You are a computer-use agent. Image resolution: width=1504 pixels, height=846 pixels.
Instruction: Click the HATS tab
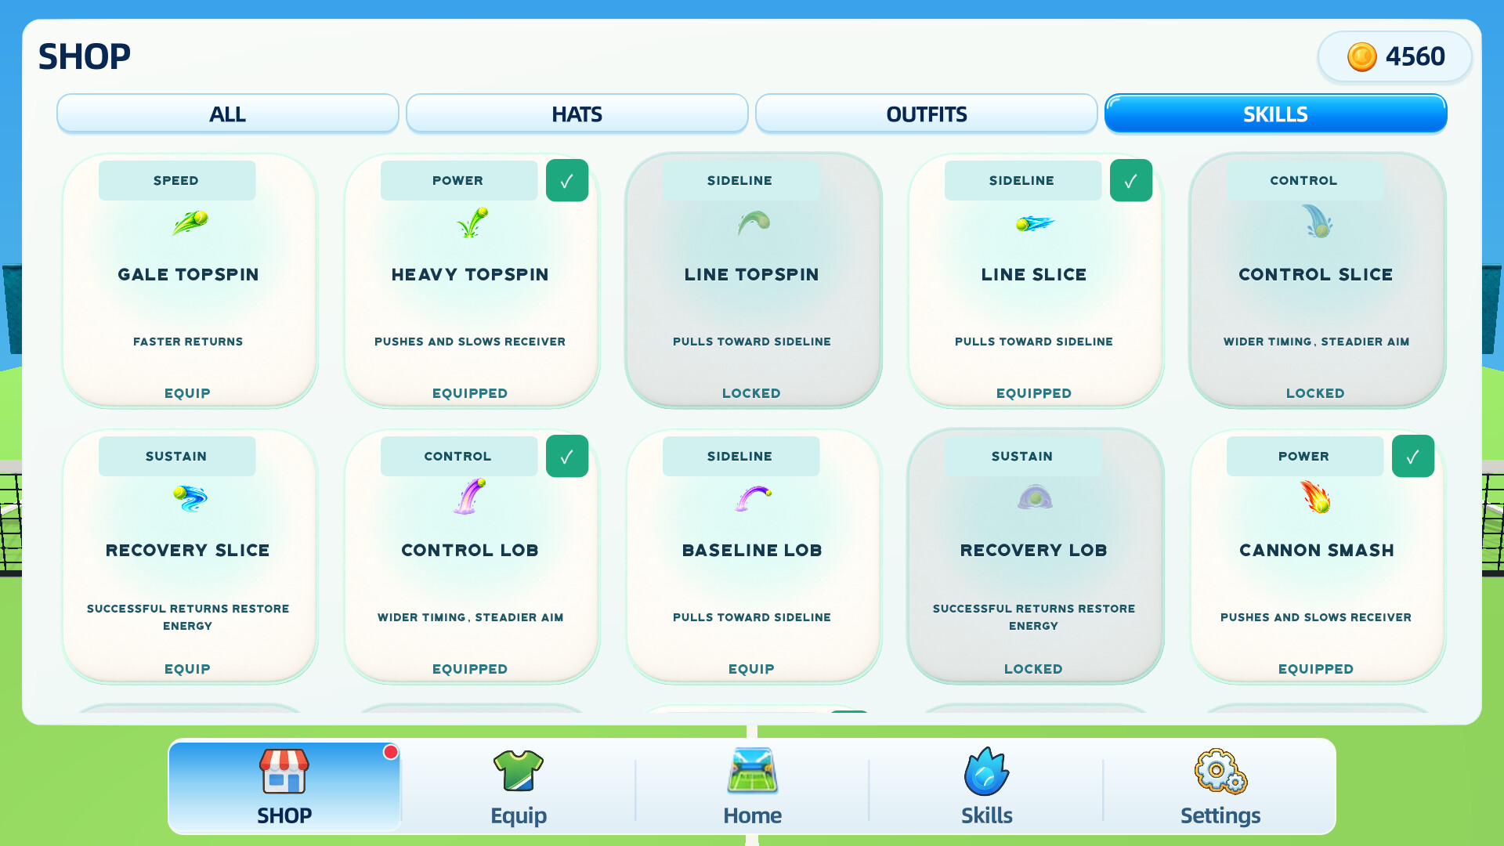click(x=577, y=114)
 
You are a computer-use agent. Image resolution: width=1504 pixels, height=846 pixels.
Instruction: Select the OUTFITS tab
click(x=926, y=114)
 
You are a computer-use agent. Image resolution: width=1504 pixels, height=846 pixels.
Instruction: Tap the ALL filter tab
click(x=227, y=114)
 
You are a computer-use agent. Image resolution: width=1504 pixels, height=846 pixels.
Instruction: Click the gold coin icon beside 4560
click(x=1361, y=56)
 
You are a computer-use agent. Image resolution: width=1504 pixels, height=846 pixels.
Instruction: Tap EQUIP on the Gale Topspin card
click(x=187, y=393)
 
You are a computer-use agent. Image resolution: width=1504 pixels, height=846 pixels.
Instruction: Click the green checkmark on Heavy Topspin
click(x=567, y=180)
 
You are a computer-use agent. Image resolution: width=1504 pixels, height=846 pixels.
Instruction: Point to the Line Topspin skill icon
click(x=754, y=223)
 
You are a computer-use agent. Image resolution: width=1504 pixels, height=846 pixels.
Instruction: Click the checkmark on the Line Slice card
click(x=1131, y=180)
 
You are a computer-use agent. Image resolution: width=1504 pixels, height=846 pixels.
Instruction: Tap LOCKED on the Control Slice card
click(x=1315, y=393)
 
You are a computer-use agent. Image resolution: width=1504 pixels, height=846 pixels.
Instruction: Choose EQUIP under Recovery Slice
click(x=187, y=669)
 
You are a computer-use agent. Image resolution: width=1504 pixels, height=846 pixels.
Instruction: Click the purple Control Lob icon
click(x=470, y=497)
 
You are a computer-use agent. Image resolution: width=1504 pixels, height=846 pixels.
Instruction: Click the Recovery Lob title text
click(x=1034, y=550)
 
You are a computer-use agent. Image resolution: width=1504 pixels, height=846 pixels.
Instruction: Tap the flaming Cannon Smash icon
click(x=1316, y=497)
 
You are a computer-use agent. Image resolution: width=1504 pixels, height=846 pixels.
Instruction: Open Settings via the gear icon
click(x=1220, y=771)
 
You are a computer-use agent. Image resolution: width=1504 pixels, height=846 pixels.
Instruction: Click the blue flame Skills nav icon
click(x=986, y=771)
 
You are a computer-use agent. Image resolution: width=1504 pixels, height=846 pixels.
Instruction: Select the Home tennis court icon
click(x=753, y=771)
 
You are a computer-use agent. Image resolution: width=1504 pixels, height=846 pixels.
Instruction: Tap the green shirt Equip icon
click(x=519, y=771)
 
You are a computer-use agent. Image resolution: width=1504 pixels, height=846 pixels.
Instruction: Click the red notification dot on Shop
click(x=391, y=752)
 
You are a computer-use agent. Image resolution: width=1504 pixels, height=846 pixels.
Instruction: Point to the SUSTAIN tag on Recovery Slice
click(x=177, y=456)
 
